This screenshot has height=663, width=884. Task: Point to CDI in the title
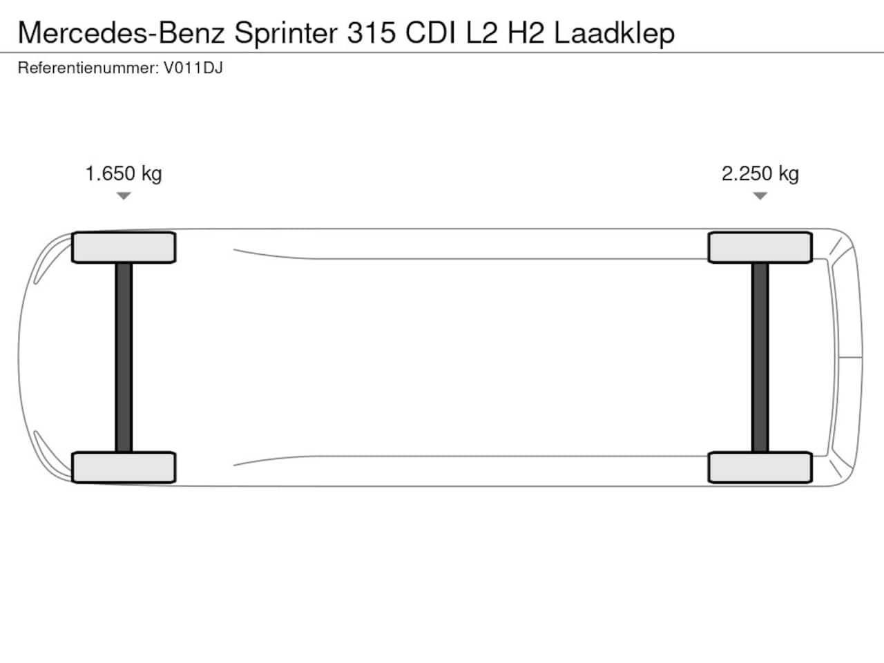tap(430, 32)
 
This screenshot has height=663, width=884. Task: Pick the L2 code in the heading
tap(481, 32)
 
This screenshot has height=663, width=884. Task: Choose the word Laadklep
tap(614, 34)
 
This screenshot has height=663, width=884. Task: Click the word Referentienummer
tap(88, 68)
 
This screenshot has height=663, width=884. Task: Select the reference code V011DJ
tap(193, 68)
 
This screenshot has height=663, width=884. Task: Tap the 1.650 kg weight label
tap(124, 174)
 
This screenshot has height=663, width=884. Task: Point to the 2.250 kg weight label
tap(760, 174)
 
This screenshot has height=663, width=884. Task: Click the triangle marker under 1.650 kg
tap(124, 195)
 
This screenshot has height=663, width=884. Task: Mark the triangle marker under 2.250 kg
tap(760, 195)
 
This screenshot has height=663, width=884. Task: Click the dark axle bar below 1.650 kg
tap(124, 357)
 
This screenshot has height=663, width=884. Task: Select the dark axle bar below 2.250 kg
tap(760, 357)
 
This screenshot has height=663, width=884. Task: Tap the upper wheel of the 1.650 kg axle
tap(124, 247)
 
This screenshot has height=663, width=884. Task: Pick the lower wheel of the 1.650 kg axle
tap(124, 467)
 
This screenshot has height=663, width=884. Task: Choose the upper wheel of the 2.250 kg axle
tap(760, 247)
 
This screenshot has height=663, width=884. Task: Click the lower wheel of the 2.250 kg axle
tap(760, 467)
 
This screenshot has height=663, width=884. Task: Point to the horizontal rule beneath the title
tap(442, 52)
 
